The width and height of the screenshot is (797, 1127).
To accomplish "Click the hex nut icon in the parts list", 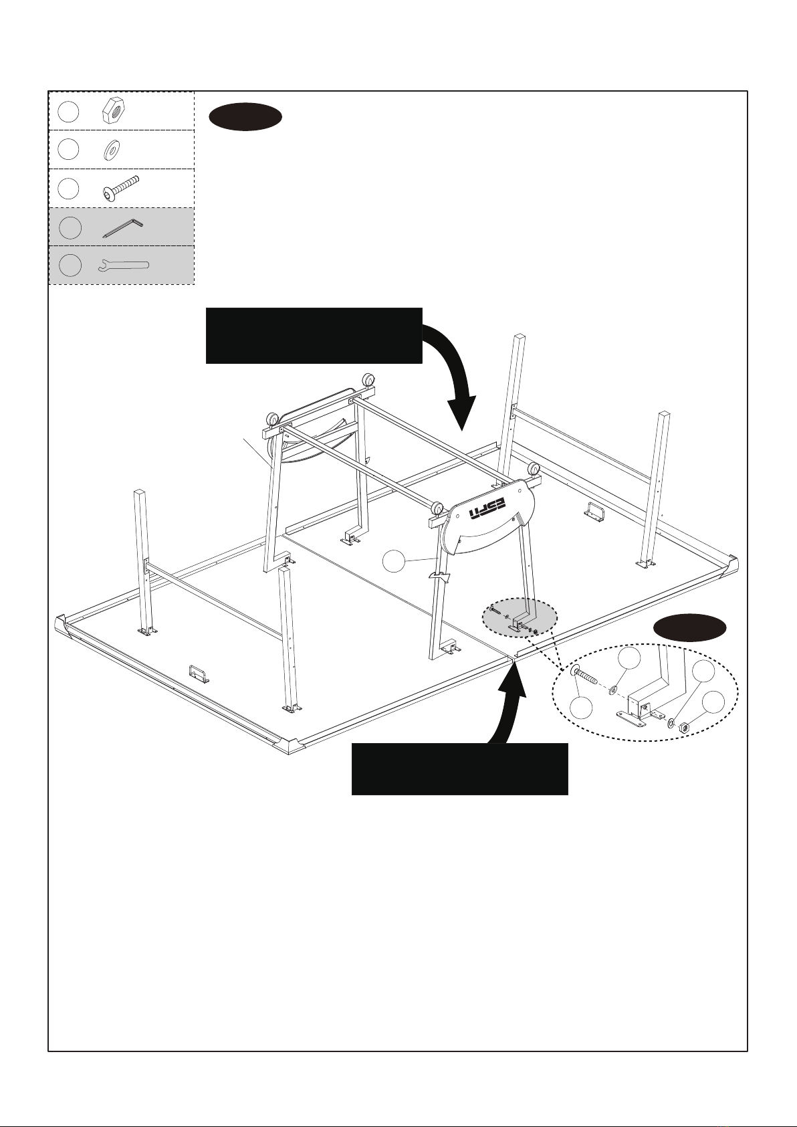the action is (x=114, y=110).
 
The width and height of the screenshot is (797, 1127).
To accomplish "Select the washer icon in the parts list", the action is (x=111, y=149).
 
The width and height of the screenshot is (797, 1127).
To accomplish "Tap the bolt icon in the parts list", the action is (x=120, y=188).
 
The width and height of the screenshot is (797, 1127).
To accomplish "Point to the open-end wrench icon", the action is (x=124, y=266).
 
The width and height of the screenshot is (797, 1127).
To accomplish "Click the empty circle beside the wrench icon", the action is (x=70, y=265).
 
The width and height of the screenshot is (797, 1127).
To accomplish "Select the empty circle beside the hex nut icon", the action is (x=68, y=112).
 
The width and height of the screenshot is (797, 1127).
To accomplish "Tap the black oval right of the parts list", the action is (x=245, y=117).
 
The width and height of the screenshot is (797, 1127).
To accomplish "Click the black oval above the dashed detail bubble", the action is (x=690, y=627).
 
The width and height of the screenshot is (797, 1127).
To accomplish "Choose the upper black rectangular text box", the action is (x=314, y=336).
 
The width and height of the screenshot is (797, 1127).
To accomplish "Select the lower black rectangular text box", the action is (x=459, y=769).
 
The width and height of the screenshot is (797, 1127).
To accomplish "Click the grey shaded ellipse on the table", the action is (x=520, y=618).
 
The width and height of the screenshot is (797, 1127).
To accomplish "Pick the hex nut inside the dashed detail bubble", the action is (x=684, y=726).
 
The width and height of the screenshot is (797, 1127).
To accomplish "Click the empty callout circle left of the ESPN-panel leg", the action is (x=394, y=561).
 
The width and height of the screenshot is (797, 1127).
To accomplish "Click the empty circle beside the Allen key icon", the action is (x=70, y=227).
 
